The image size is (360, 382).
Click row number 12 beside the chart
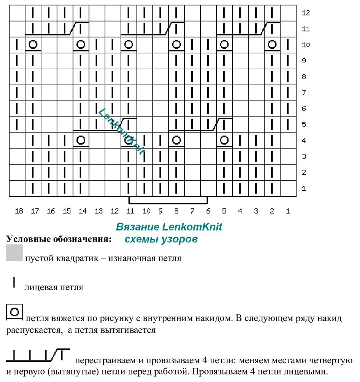tap(306, 13)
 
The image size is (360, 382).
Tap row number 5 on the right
tap(304, 125)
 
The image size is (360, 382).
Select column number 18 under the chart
tap(19, 211)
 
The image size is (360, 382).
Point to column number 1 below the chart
tap(288, 211)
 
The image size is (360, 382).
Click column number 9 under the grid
tap(161, 211)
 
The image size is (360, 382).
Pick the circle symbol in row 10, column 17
tap(33, 45)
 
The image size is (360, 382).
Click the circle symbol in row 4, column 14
tap(81, 140)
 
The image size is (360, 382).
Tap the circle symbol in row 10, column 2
tap(272, 45)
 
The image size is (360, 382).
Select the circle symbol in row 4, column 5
tap(224, 140)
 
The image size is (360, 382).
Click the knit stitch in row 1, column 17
tap(33, 188)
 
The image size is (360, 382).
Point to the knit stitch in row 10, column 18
tap(17, 45)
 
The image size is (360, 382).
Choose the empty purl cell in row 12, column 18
tap(17, 13)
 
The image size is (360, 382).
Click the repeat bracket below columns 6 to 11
tap(168, 203)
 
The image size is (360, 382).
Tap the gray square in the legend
tap(14, 253)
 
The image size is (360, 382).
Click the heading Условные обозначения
tap(59, 239)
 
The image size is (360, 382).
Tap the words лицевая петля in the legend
tap(54, 287)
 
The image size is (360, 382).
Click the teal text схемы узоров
tap(161, 239)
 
